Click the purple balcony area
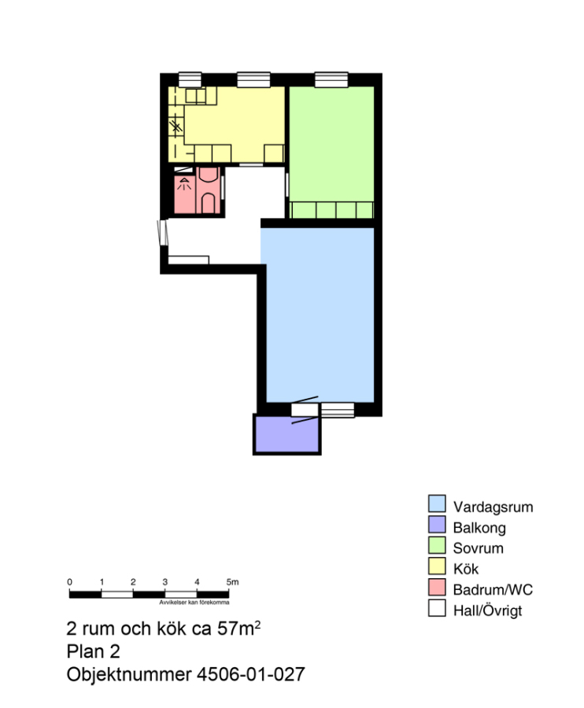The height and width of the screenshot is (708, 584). pyautogui.click(x=287, y=434)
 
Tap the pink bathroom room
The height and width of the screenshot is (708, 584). pyautogui.click(x=198, y=190)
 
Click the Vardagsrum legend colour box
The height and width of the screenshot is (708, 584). pyautogui.click(x=437, y=503)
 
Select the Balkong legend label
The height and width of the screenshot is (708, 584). pyautogui.click(x=479, y=528)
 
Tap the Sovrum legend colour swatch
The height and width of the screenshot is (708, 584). pyautogui.click(x=437, y=545)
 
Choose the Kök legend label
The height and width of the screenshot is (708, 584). pyautogui.click(x=466, y=569)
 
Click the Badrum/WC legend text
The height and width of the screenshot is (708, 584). pyautogui.click(x=493, y=590)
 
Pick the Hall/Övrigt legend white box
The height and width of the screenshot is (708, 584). pyautogui.click(x=437, y=608)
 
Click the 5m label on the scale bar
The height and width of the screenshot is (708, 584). pyautogui.click(x=232, y=582)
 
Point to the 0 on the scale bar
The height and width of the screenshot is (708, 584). pyautogui.click(x=69, y=582)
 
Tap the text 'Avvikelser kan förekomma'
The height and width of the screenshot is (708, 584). pyautogui.click(x=194, y=603)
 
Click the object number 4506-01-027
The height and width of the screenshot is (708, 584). pyautogui.click(x=250, y=675)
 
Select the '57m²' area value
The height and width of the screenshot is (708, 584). pyautogui.click(x=238, y=628)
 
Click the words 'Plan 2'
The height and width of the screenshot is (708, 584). pyautogui.click(x=93, y=651)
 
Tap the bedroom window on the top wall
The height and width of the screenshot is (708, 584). pyautogui.click(x=331, y=79)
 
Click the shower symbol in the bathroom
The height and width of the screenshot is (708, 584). pyautogui.click(x=184, y=184)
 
